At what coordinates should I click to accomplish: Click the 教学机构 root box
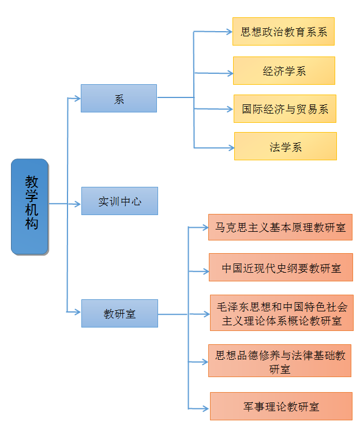pyautogui.click(x=30, y=206)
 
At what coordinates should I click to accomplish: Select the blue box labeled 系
pyautogui.click(x=119, y=98)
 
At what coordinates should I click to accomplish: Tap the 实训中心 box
pyautogui.click(x=119, y=201)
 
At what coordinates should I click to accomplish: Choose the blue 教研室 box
pyautogui.click(x=119, y=313)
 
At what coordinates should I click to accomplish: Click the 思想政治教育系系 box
pyautogui.click(x=283, y=31)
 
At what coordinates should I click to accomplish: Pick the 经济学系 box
pyautogui.click(x=284, y=70)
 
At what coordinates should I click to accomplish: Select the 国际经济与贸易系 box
pyautogui.click(x=284, y=108)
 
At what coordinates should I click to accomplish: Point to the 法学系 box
pyautogui.click(x=285, y=146)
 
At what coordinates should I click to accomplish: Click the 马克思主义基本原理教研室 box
pyautogui.click(x=280, y=227)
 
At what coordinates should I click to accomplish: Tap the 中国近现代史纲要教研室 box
pyautogui.click(x=280, y=267)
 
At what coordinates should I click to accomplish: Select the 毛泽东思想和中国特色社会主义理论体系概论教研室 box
pyautogui.click(x=281, y=313)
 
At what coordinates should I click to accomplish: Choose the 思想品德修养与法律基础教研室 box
pyautogui.click(x=280, y=361)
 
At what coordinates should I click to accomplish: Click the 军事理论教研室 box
pyautogui.click(x=281, y=406)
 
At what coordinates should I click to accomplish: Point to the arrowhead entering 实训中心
pyautogui.click(x=77, y=204)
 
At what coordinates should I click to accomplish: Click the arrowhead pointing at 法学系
pyautogui.click(x=230, y=148)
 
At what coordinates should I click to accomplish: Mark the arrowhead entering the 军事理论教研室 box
pyautogui.click(x=206, y=408)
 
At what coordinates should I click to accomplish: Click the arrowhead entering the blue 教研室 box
pyautogui.click(x=77, y=312)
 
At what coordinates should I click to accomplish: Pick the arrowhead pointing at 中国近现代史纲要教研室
pyautogui.click(x=205, y=270)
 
